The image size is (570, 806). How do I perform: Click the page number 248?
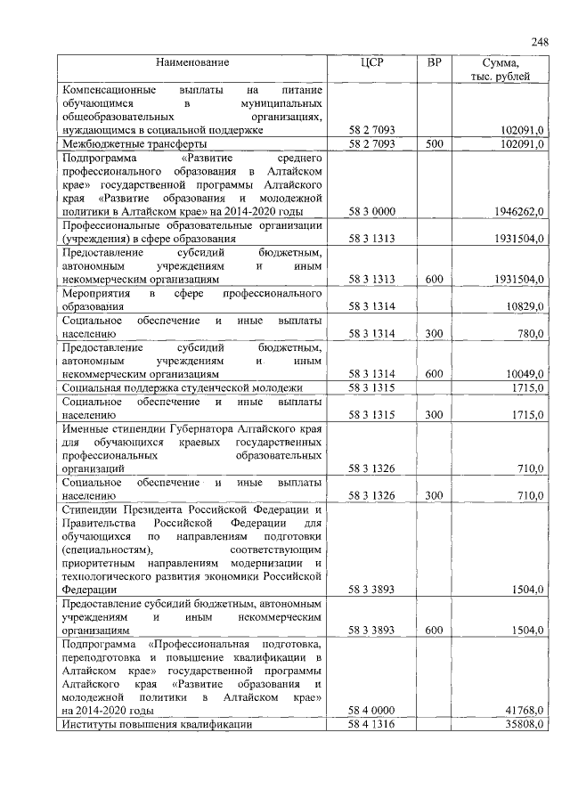539,42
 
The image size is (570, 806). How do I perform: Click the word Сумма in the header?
500,63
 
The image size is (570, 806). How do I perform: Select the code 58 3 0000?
372,211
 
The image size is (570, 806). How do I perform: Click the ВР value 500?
434,143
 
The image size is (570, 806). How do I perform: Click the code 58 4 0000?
372,711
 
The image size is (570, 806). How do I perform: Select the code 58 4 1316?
372,725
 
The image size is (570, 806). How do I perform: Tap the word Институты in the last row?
87,725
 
